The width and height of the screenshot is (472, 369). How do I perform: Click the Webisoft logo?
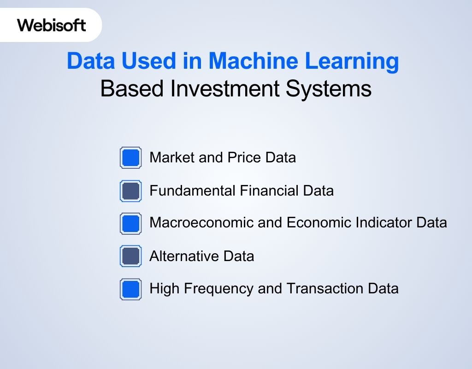[52, 25]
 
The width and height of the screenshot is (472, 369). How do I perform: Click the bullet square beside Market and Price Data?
[131, 158]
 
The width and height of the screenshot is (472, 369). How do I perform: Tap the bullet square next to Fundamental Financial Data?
[131, 191]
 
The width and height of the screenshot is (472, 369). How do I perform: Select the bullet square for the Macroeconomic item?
[131, 223]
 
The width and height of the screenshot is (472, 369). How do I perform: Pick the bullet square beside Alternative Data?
[131, 256]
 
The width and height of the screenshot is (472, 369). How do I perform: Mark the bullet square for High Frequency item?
[131, 289]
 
